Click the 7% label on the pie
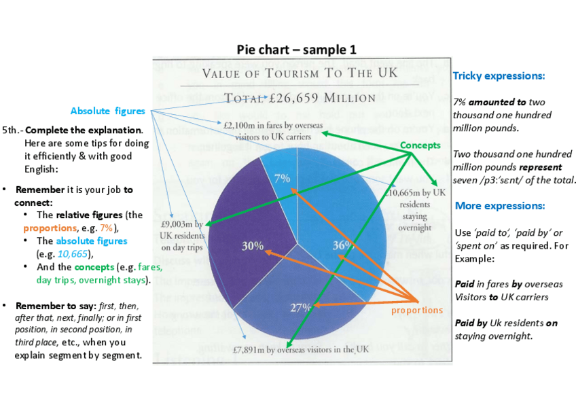pyautogui.click(x=282, y=179)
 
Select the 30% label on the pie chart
pyautogui.click(x=253, y=246)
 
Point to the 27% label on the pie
pyautogui.click(x=300, y=307)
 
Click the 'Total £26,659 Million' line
pyautogui.click(x=300, y=96)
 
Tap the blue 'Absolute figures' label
pyautogui.click(x=108, y=111)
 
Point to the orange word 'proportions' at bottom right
pyautogui.click(x=416, y=311)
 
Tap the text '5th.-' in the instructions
pyautogui.click(x=12, y=130)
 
